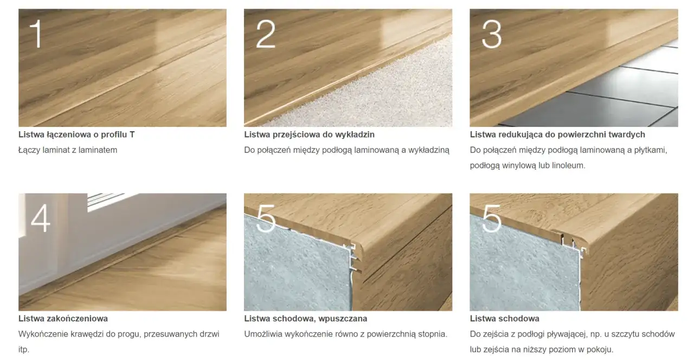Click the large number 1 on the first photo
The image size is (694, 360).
36,34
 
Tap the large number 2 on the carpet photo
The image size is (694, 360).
266,34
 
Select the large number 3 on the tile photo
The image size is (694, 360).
491,34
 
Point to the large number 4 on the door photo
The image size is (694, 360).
41,218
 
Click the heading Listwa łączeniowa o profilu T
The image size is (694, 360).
76,134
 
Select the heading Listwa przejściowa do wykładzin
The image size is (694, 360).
309,134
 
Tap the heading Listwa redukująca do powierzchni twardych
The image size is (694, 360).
557,134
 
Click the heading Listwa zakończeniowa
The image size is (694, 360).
63,318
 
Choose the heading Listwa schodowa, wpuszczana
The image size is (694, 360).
305,318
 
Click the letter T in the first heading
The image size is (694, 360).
132,134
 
